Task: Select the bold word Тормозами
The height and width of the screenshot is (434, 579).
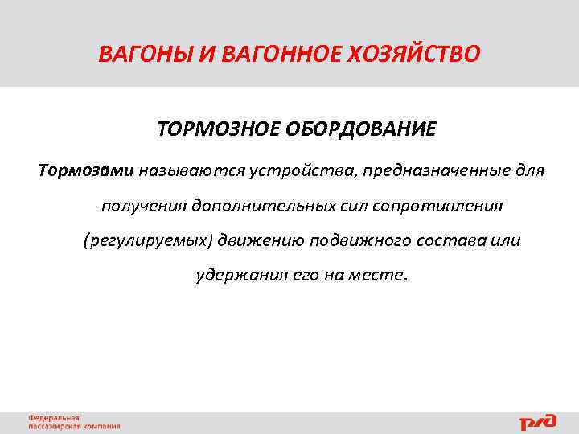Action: (x=86, y=171)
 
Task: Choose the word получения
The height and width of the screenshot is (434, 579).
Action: (x=143, y=206)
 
